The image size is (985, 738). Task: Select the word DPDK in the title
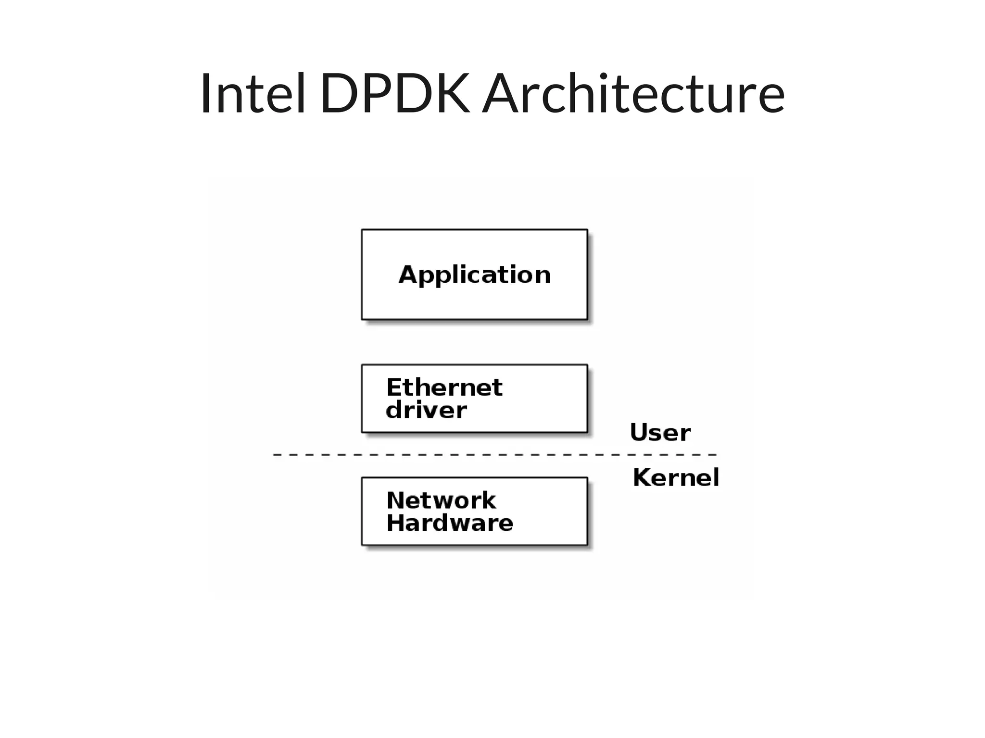[x=394, y=93]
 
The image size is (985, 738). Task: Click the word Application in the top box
[x=474, y=275]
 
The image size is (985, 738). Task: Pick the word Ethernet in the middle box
[x=444, y=388]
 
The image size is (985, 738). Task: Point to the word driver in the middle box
[x=426, y=410]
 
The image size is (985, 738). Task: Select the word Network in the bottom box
[x=441, y=500]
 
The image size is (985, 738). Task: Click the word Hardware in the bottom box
[x=450, y=523]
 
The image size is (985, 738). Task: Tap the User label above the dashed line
[x=660, y=433]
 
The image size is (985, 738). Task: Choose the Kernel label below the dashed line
[x=676, y=477]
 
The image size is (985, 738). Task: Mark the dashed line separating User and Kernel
[x=494, y=454]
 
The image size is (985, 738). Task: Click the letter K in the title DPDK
[x=450, y=93]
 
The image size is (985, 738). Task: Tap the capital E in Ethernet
[x=394, y=388]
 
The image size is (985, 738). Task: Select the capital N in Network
[x=395, y=500]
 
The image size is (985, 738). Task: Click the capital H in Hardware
[x=395, y=523]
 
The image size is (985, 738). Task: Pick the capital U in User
[x=639, y=433]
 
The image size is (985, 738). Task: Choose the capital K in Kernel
[x=642, y=477]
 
